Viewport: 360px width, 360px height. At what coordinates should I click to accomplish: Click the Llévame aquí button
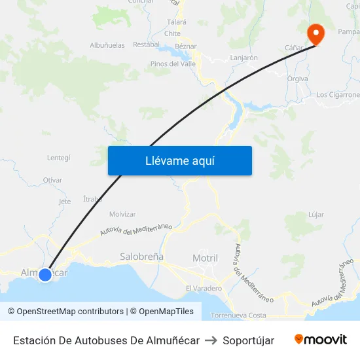179,160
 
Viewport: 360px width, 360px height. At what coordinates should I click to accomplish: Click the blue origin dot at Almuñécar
45,275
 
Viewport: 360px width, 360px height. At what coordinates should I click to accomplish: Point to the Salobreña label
142,257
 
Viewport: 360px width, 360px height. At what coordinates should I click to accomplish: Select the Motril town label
205,259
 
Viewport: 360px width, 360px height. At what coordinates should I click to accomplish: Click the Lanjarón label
244,58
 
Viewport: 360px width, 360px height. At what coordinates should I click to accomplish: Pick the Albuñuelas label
107,45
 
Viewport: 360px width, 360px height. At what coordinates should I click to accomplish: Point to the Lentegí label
59,158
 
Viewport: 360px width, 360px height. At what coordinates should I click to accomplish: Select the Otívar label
52,180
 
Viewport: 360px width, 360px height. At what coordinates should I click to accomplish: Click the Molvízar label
123,214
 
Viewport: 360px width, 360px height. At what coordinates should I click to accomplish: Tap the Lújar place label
315,215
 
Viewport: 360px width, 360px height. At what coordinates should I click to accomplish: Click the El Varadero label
204,288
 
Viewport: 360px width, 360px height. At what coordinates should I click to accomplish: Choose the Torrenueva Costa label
238,315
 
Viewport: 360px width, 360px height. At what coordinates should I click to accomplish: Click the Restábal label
147,45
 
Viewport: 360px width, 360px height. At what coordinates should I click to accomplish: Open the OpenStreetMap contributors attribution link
70,312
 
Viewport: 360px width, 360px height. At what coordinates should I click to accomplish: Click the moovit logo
321,339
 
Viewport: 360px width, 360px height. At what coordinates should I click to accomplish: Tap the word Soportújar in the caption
249,340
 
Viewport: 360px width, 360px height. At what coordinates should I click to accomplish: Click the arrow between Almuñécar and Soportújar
211,340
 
